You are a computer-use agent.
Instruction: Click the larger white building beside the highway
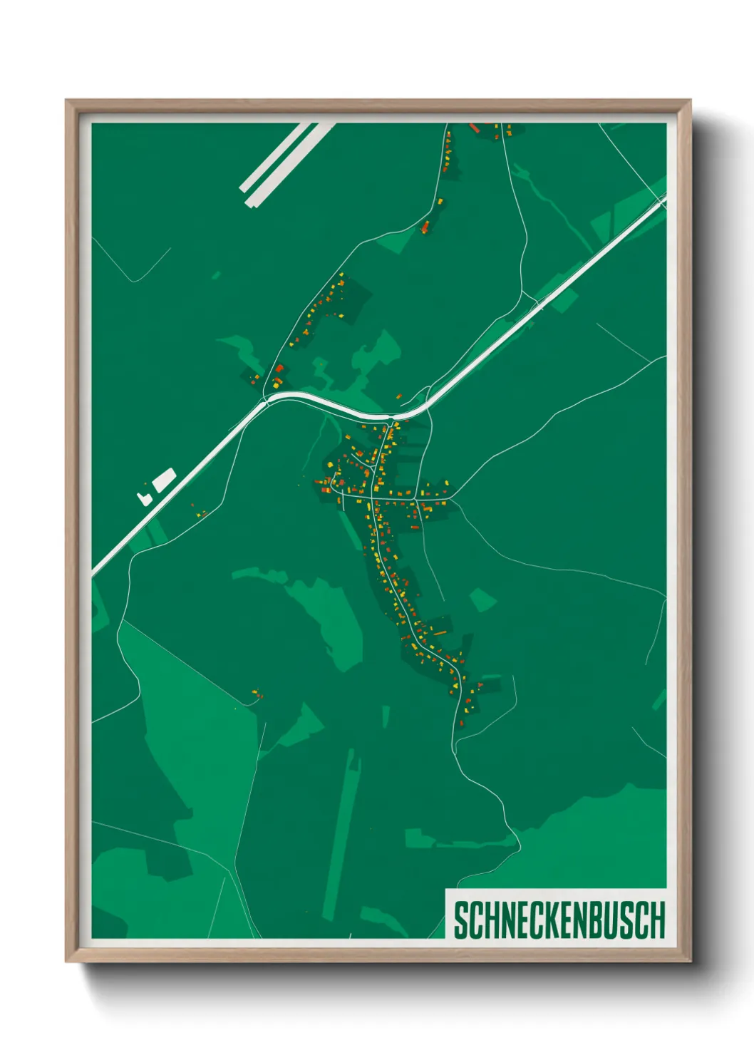point(163,479)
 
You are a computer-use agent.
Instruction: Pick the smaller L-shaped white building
point(144,497)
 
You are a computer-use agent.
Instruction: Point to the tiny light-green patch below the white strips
point(215,274)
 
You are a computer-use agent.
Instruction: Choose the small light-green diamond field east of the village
point(482,599)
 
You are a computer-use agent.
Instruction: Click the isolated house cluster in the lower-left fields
point(257,694)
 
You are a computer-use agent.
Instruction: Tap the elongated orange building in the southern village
point(440,632)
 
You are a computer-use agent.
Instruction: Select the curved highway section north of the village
point(335,403)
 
